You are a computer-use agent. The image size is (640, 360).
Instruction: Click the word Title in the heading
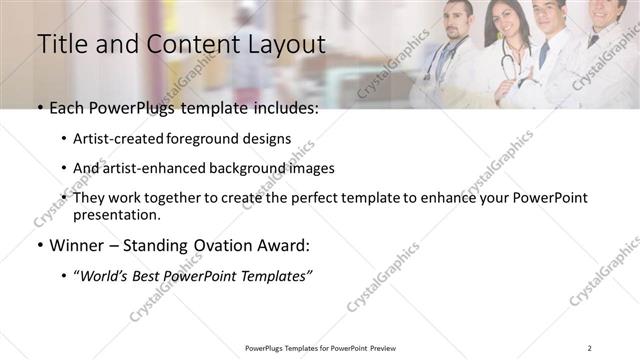[62, 45]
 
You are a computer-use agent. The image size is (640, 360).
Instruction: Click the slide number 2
[590, 347]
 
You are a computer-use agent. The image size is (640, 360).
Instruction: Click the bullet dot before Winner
[40, 246]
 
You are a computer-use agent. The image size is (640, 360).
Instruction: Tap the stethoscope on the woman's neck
[507, 60]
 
